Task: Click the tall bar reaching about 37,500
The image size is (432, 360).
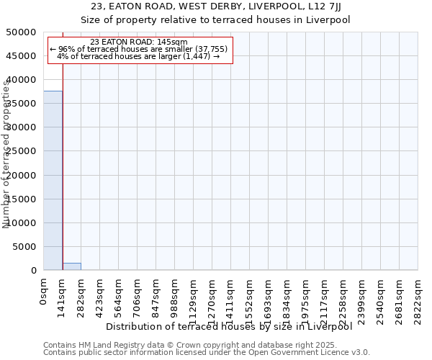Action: (53, 180)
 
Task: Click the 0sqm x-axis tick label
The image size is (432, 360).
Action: (44, 289)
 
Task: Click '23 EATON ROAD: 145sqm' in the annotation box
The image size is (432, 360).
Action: (140, 42)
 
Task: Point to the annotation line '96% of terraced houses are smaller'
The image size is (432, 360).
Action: (139, 50)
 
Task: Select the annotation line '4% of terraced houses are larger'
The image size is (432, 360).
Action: (138, 57)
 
